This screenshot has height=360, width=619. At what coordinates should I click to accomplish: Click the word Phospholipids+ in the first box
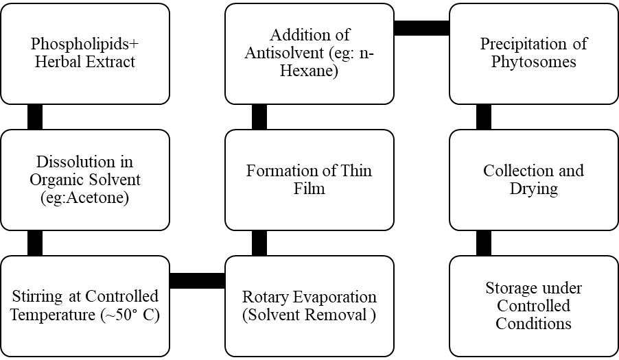pos(85,44)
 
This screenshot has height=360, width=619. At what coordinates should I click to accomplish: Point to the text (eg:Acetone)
pos(85,197)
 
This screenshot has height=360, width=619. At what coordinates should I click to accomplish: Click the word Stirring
pos(37,297)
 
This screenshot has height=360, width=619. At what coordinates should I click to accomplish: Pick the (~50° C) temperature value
pos(130,315)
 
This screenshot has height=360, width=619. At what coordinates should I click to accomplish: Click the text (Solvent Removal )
pos(309,315)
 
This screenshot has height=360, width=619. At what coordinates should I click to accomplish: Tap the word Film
pos(309,189)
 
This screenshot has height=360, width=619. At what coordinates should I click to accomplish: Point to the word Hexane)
pos(309,71)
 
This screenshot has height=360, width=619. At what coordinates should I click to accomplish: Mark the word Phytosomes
pos(534,62)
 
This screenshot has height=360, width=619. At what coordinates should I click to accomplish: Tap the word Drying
pos(534,189)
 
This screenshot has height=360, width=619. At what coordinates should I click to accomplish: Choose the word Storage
pos(511,289)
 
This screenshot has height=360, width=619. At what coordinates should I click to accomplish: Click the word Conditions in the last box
pos(534,324)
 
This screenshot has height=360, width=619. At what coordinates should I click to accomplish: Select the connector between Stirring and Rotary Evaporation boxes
pos(198,280)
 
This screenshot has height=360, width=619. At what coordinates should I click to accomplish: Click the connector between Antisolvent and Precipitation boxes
pos(421,28)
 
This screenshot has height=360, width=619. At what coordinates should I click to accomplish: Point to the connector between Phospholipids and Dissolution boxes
pos(35,117)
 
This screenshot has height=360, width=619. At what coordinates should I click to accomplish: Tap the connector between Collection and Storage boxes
pos(484,243)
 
